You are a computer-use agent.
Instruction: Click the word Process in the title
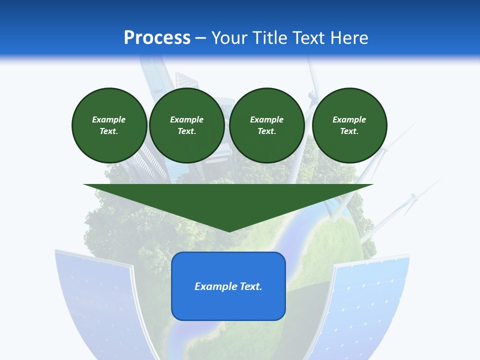157,38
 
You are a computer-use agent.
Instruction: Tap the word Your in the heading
230,38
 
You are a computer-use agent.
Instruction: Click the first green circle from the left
109,125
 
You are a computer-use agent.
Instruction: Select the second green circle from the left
186,125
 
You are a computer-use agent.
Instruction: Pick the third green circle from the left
266,125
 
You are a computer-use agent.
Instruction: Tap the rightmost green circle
349,125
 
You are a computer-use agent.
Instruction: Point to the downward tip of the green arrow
228,231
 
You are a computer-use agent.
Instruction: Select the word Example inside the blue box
211,286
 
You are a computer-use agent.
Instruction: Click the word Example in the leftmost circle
109,119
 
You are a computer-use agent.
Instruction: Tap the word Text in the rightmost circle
349,131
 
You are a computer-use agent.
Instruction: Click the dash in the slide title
201,38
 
